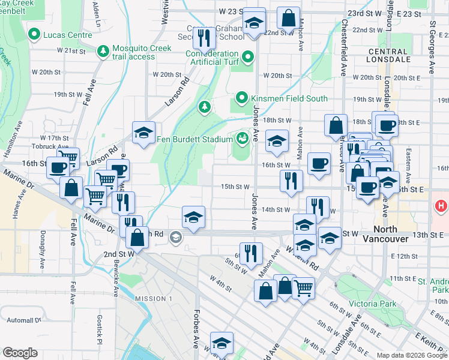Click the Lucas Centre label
[x=67, y=35]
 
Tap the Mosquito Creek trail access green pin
[x=104, y=49]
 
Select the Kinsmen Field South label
[x=289, y=98]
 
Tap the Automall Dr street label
[x=21, y=320]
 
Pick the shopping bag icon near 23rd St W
[x=289, y=19]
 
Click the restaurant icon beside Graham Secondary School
[x=204, y=38]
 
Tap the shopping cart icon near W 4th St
[x=304, y=287]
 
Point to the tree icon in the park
[x=205, y=107]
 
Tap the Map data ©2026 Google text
[x=412, y=355]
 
